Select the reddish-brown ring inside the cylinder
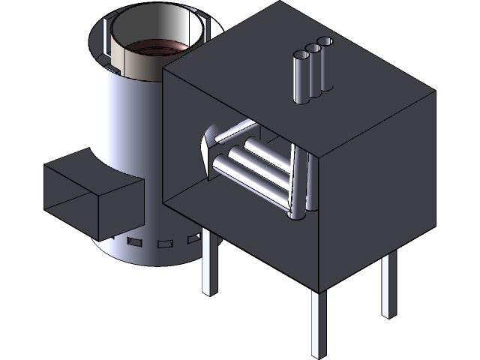click(154, 48)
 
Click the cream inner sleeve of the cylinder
click(127, 56)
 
